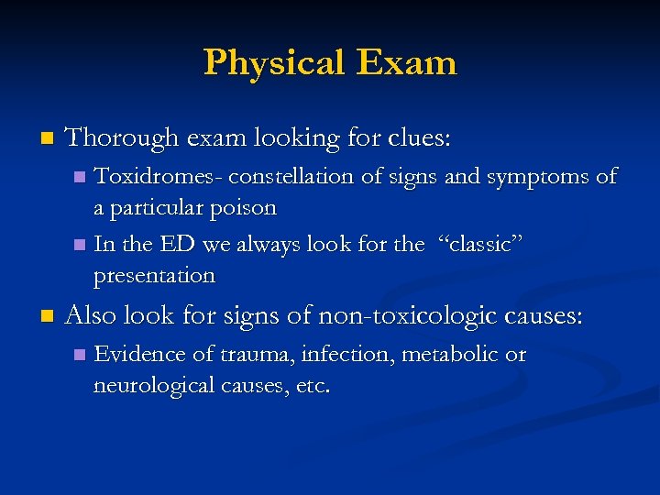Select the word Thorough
tap(122, 138)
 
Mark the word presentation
tap(154, 275)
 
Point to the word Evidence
tap(138, 355)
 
